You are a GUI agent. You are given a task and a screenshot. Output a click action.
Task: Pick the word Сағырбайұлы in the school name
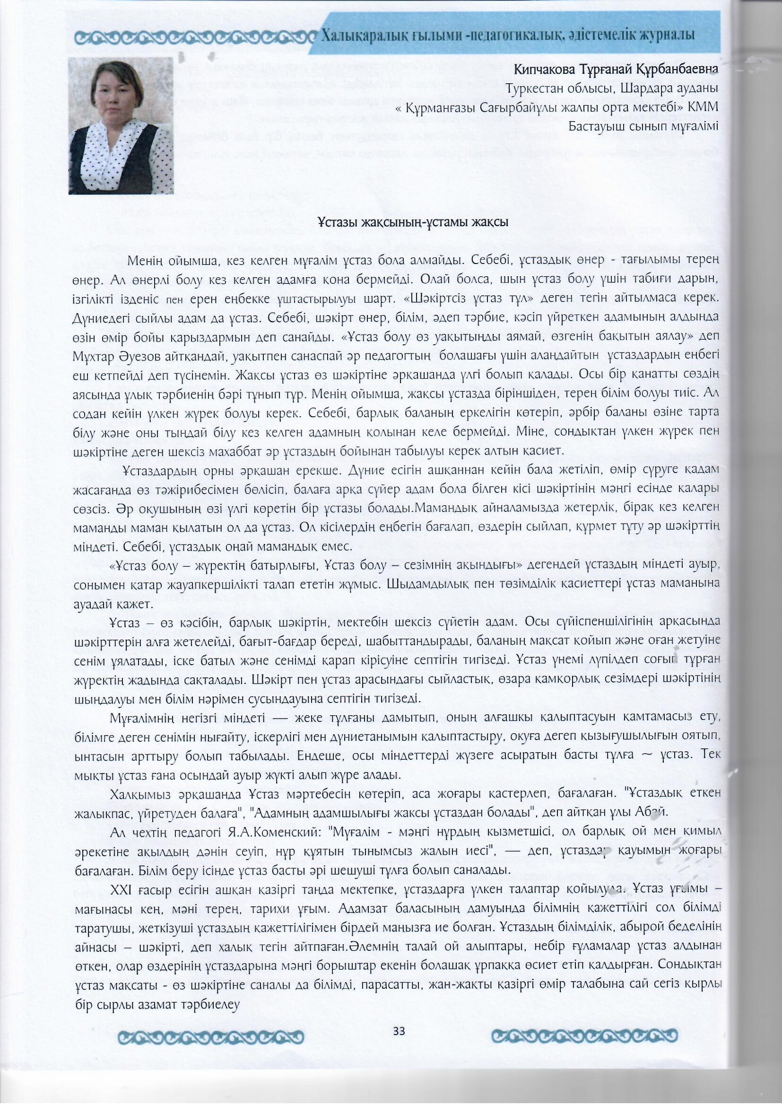pyautogui.click(x=520, y=107)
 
